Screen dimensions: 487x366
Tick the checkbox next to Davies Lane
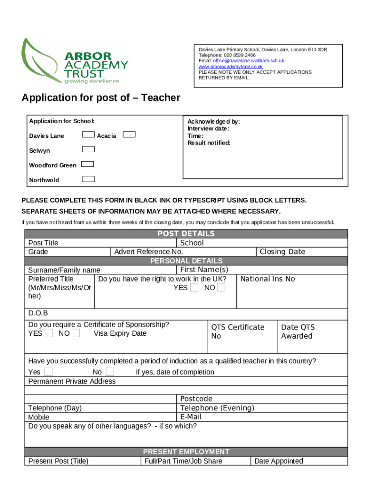click(x=88, y=135)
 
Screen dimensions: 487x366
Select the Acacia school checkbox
click(x=129, y=135)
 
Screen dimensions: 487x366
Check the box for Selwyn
click(x=88, y=149)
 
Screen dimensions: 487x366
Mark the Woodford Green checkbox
click(x=87, y=164)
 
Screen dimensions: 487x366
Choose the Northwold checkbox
click(x=88, y=179)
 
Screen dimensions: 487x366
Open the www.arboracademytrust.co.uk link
click(x=231, y=67)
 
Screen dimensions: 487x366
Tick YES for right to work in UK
click(x=194, y=287)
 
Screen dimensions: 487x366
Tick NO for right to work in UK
click(x=221, y=287)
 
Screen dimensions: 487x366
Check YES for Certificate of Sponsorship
click(x=49, y=333)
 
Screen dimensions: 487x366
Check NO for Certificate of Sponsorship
click(x=76, y=333)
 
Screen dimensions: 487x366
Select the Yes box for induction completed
click(x=48, y=371)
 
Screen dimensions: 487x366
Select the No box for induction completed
click(x=110, y=371)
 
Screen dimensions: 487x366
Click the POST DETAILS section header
click(x=186, y=234)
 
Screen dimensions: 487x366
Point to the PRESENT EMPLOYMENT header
click(x=186, y=452)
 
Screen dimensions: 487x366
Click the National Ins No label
click(x=268, y=279)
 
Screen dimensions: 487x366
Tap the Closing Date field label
click(x=282, y=252)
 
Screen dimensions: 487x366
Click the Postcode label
click(x=196, y=399)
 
